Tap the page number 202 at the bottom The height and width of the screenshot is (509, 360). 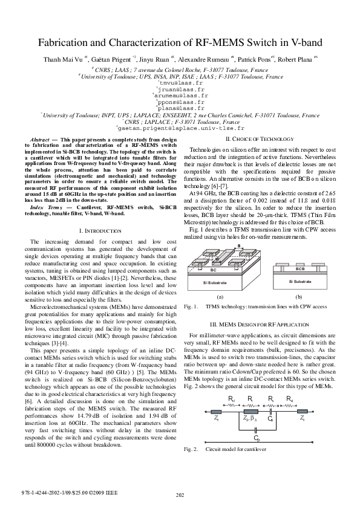[x=180, y=496]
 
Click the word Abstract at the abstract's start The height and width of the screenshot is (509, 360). [x=40, y=140]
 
